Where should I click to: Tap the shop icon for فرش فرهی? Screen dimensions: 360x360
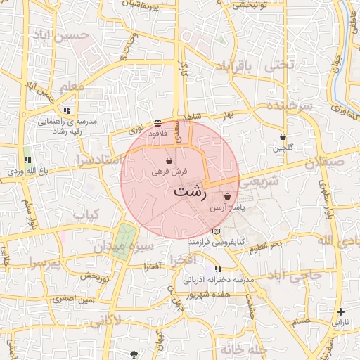[x=169, y=160]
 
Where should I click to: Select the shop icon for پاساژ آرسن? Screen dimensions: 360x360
[x=227, y=197]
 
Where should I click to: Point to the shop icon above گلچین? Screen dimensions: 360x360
[x=283, y=136]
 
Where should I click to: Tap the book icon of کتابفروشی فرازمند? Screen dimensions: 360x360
[x=217, y=231]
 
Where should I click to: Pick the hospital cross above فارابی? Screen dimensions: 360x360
[x=341, y=311]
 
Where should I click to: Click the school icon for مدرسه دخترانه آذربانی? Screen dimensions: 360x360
[x=218, y=269]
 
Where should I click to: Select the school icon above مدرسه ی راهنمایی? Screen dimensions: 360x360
[x=67, y=110]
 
